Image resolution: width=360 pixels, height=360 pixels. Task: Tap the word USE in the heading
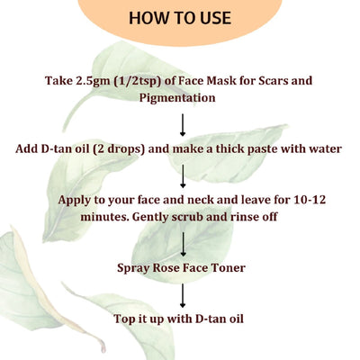211,18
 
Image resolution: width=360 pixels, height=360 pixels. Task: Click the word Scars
291,81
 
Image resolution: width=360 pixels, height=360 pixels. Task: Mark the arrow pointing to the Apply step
183,175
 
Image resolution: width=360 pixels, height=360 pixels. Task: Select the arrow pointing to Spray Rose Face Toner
183,243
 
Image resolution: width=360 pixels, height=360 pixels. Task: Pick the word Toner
230,267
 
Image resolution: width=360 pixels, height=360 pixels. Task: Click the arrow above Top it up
183,293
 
